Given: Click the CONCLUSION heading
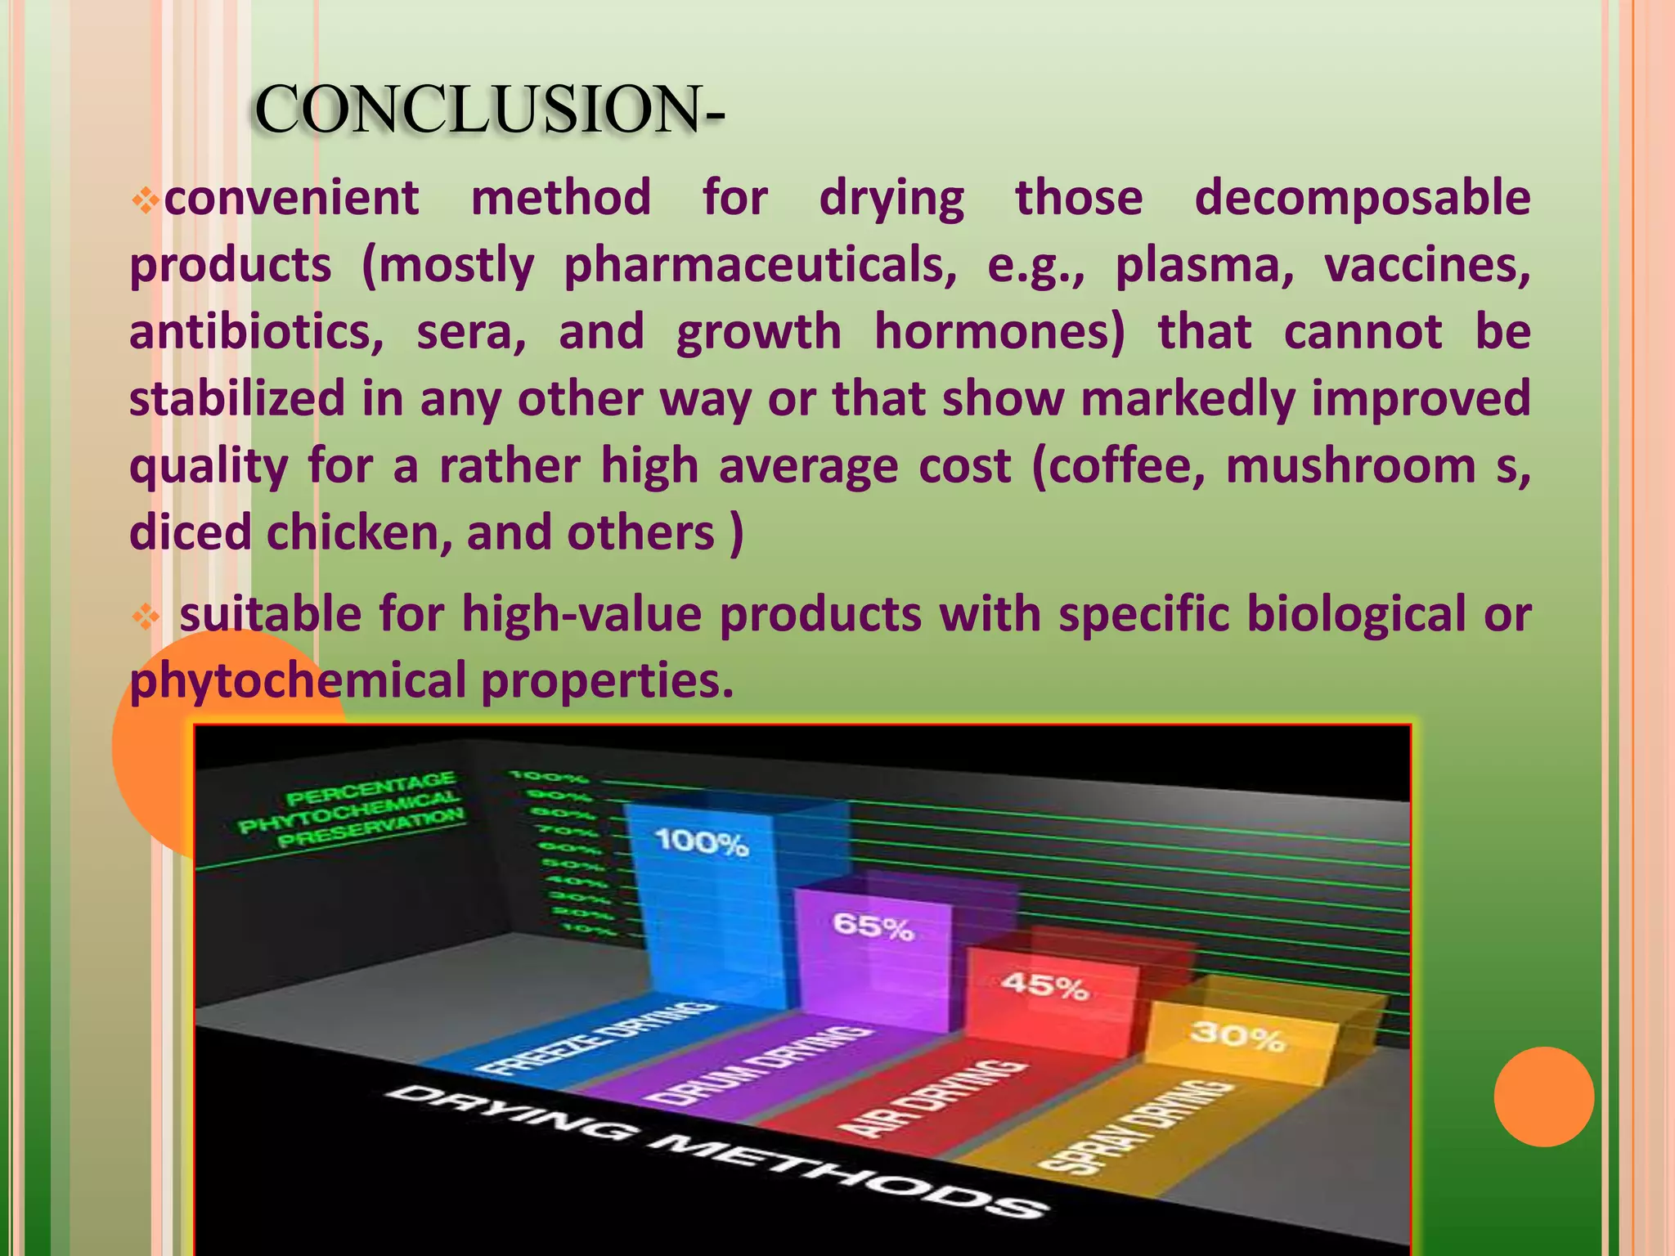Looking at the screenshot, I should pyautogui.click(x=488, y=110).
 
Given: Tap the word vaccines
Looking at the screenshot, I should pyautogui.click(x=1427, y=266).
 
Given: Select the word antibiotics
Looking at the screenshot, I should pyautogui.click(x=256, y=333).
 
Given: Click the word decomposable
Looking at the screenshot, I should pyautogui.click(x=1362, y=199).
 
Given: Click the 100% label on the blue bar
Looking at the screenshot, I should pyautogui.click(x=702, y=842).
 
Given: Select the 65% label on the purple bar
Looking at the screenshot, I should pyautogui.click(x=873, y=927).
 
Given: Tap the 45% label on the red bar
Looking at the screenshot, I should pyautogui.click(x=1044, y=986).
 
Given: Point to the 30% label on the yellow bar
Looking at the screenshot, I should pyautogui.click(x=1237, y=1036).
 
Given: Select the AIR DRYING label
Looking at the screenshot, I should pyautogui.click(x=932, y=1096).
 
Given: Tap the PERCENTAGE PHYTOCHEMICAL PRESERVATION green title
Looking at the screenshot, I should pyautogui.click(x=352, y=809).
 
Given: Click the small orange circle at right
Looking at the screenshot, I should pyautogui.click(x=1543, y=1097).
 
